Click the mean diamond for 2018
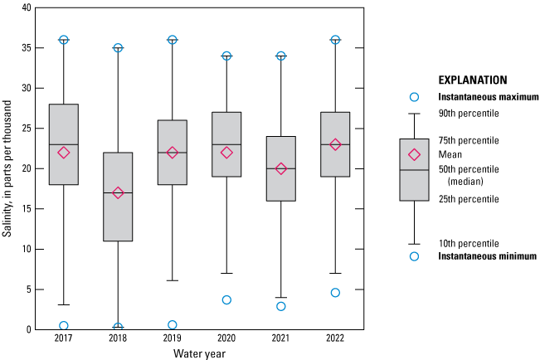tap(118, 192)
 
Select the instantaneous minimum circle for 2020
tap(226, 299)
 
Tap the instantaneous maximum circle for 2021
tap(281, 56)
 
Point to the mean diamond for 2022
tap(335, 144)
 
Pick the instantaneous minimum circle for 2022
tap(335, 292)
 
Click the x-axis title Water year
tap(199, 354)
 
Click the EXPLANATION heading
tap(472, 81)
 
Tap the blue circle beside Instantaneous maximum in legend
tap(415, 97)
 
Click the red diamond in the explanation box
tap(415, 154)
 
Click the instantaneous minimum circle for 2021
tap(281, 306)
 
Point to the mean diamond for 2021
tap(281, 168)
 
